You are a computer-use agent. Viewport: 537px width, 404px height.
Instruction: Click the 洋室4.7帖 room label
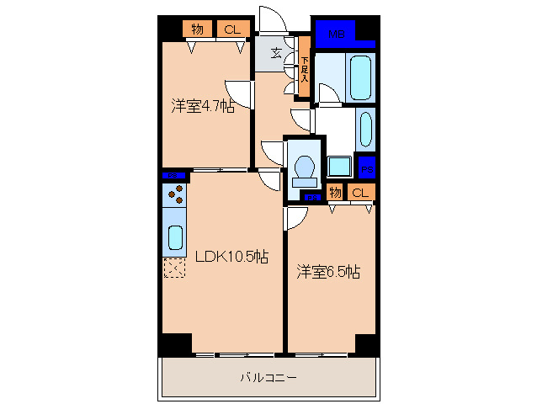tap(203, 106)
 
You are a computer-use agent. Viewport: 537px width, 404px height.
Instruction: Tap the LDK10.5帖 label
tap(231, 258)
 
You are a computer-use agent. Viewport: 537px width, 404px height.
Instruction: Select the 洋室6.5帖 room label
tap(328, 272)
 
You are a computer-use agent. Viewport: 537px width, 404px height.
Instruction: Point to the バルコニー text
tap(268, 379)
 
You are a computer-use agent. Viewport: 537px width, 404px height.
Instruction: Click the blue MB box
tap(337, 35)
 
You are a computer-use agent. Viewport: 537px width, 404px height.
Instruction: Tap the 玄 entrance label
tap(276, 53)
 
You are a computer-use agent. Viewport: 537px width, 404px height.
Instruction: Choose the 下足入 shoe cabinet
tap(305, 67)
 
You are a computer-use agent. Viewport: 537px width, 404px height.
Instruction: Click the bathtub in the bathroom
tap(360, 77)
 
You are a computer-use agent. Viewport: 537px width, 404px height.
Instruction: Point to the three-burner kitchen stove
tap(176, 196)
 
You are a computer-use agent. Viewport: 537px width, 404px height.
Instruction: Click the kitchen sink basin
tap(175, 238)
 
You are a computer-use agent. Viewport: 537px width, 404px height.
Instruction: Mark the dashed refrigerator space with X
tap(174, 268)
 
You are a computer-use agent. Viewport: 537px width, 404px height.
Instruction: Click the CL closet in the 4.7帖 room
tap(231, 29)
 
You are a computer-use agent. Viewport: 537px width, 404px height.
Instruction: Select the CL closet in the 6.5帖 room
tap(360, 193)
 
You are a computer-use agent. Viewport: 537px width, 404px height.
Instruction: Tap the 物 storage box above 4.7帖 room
tap(198, 29)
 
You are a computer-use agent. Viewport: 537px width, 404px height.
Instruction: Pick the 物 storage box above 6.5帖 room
tap(335, 193)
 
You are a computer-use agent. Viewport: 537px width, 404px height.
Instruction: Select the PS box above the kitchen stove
tap(174, 176)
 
